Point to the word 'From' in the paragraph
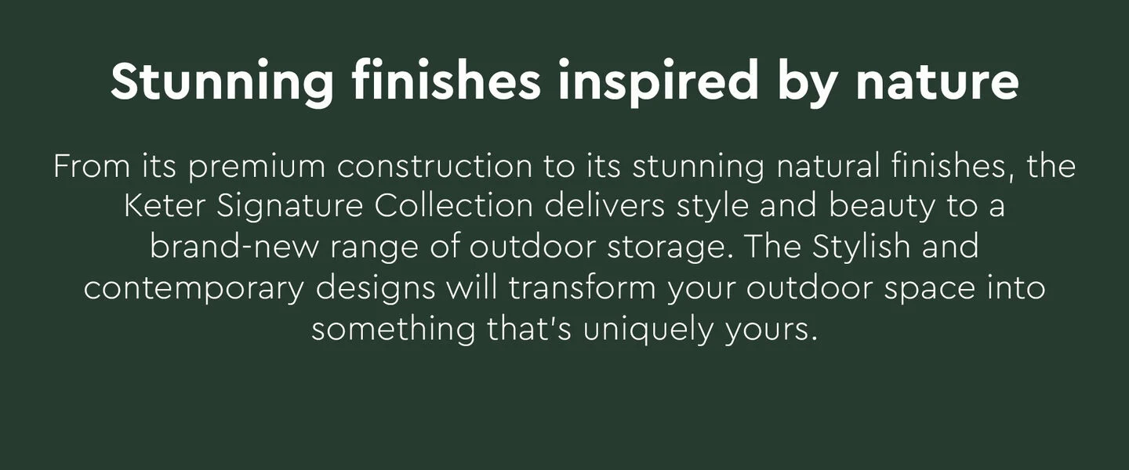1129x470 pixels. (92, 166)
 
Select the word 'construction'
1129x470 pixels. (434, 168)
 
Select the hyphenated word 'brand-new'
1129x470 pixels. (234, 247)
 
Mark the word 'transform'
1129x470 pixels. (582, 288)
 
